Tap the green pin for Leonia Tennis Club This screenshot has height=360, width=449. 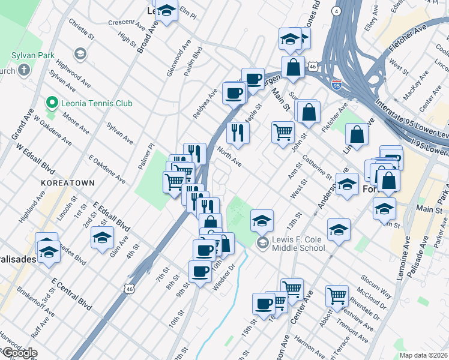[x=52, y=103]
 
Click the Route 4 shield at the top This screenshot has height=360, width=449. [x=338, y=11]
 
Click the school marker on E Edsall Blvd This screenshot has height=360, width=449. [x=102, y=237]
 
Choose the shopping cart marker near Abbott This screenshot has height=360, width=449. [x=337, y=295]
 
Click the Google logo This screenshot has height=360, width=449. [x=19, y=353]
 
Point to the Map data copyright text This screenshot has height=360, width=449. [x=423, y=355]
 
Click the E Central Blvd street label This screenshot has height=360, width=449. [x=71, y=294]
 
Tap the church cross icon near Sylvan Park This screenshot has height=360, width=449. [x=24, y=71]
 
